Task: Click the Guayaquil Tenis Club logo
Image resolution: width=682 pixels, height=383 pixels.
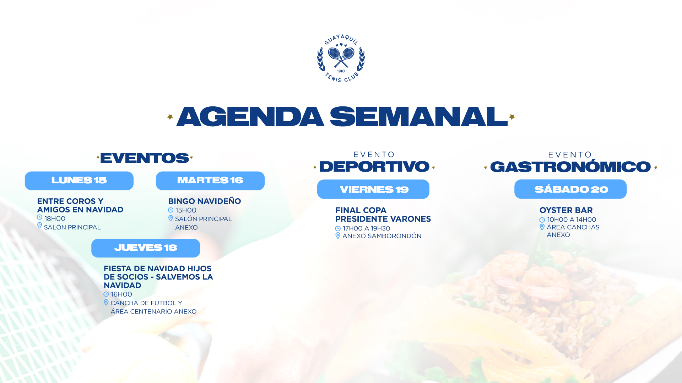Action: (x=341, y=59)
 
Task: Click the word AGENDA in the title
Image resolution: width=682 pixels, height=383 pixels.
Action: (x=250, y=117)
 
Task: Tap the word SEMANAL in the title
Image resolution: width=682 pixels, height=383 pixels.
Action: (x=419, y=117)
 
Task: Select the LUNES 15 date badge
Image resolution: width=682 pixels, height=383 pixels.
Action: (x=79, y=181)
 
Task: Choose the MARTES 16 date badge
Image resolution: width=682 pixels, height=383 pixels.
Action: (x=210, y=181)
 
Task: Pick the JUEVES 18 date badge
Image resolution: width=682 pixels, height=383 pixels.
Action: (x=146, y=248)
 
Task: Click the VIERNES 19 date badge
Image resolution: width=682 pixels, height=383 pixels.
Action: (x=373, y=189)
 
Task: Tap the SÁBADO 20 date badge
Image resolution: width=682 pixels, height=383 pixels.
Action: (x=570, y=189)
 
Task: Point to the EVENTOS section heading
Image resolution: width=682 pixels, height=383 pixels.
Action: (x=145, y=158)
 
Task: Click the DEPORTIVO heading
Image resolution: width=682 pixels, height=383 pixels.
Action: (x=374, y=167)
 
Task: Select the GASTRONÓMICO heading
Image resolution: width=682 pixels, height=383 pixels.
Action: (x=570, y=167)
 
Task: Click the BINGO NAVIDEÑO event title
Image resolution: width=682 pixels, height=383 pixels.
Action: (x=205, y=201)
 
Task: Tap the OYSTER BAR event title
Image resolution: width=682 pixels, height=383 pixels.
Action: (x=566, y=210)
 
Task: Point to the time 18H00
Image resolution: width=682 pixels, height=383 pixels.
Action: (x=55, y=218)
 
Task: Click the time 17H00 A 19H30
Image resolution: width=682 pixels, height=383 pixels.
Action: (x=367, y=228)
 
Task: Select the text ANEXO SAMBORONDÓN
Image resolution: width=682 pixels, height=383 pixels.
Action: (x=382, y=236)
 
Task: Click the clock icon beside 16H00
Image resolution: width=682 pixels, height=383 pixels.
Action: (x=106, y=294)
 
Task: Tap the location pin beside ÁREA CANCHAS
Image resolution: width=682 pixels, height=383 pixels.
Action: (x=542, y=227)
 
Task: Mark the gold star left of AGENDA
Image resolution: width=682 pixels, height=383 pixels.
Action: (x=170, y=117)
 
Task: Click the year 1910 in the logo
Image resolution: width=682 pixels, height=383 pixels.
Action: (x=341, y=71)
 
